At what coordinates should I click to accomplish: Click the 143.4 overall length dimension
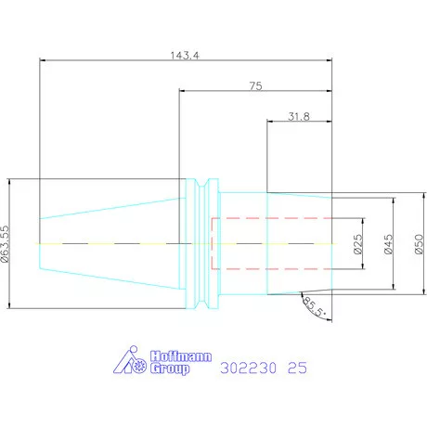pyautogui.click(x=185, y=56)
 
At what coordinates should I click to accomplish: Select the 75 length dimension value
pyautogui.click(x=256, y=86)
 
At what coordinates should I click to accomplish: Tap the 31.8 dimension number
pyautogui.click(x=299, y=117)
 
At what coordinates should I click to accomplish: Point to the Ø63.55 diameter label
pyautogui.click(x=6, y=244)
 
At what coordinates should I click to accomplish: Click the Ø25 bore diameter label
pyautogui.click(x=357, y=244)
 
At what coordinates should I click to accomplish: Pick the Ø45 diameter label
pyautogui.click(x=389, y=244)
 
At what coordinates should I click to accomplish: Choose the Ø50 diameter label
pyautogui.click(x=419, y=244)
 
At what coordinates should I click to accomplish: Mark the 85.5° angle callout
pyautogui.click(x=314, y=307)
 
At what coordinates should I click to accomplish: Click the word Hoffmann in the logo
pyautogui.click(x=181, y=356)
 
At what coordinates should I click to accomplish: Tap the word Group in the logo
pyautogui.click(x=170, y=369)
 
